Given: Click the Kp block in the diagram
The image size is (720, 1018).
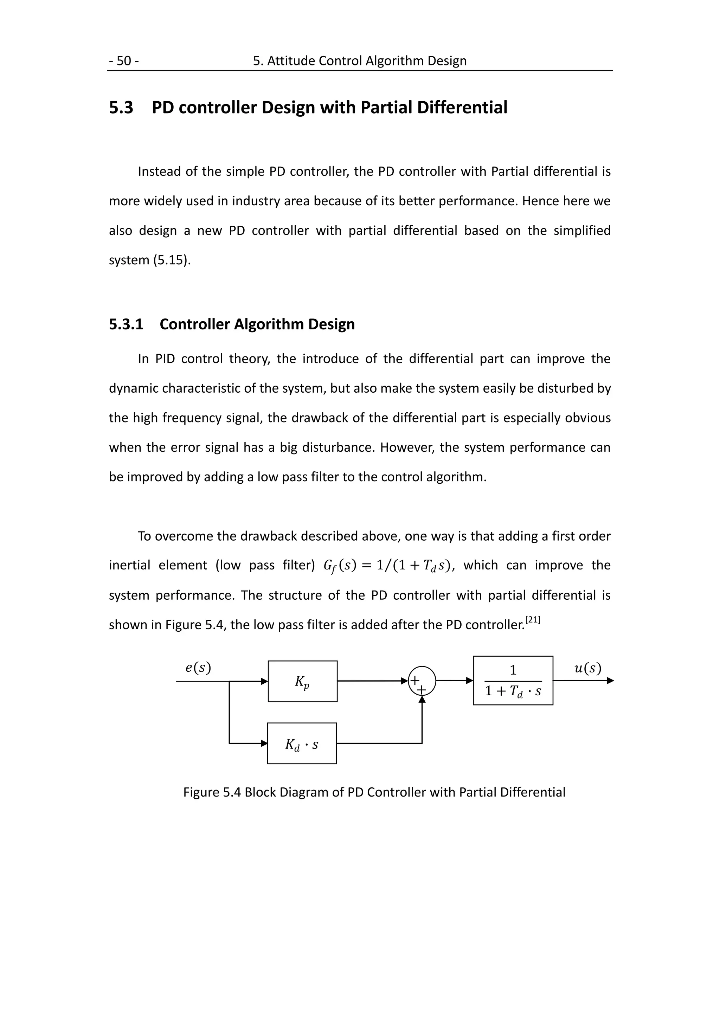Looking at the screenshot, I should point(302,682).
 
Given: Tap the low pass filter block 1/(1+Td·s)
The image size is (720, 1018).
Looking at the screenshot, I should point(513,681).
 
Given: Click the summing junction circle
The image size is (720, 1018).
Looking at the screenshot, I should point(422,681).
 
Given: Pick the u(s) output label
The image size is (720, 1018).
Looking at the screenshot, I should point(587,668).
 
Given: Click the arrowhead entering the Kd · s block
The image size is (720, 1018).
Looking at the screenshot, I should point(264,743).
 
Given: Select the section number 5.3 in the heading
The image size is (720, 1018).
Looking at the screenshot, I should point(121,108).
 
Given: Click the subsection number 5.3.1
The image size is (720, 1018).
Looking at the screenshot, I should point(126,324).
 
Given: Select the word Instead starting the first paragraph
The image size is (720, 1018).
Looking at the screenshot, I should point(159,172).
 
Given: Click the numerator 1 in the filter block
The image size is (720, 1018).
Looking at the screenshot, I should point(513,670).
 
